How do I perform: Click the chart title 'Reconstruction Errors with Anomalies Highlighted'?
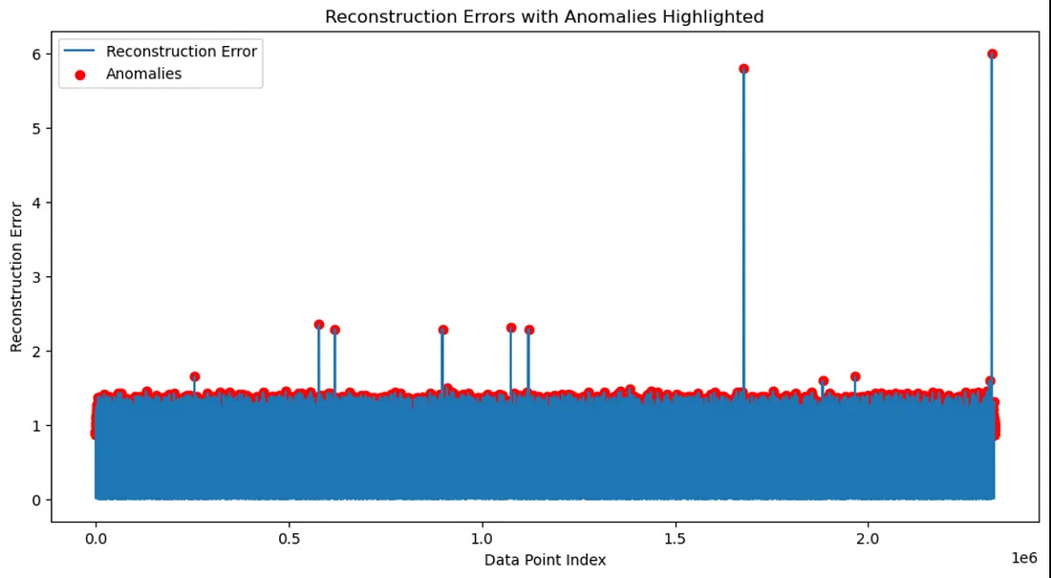544,16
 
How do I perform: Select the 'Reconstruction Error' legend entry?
181,52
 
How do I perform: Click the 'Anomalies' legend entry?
143,74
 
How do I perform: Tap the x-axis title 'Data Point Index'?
545,560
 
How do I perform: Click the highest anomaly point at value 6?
992,54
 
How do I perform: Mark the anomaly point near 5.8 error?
743,69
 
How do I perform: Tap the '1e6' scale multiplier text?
1024,557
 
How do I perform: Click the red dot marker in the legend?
81,74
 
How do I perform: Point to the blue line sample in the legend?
81,52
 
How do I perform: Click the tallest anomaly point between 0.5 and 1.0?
318,325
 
